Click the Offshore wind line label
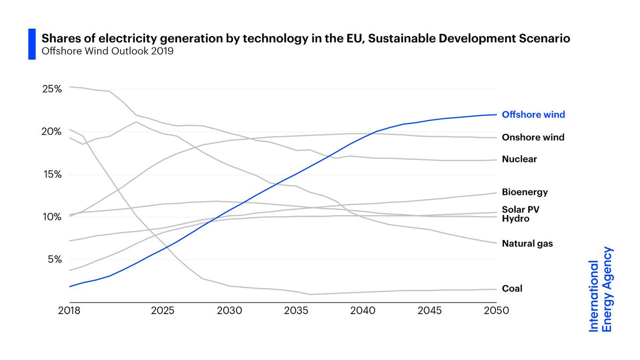point(533,115)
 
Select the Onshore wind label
point(533,138)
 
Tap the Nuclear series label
point(519,159)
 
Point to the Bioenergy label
point(525,192)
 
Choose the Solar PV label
point(523,209)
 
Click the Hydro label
point(515,218)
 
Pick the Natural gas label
point(527,244)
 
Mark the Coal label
point(512,289)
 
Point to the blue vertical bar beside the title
point(31,45)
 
